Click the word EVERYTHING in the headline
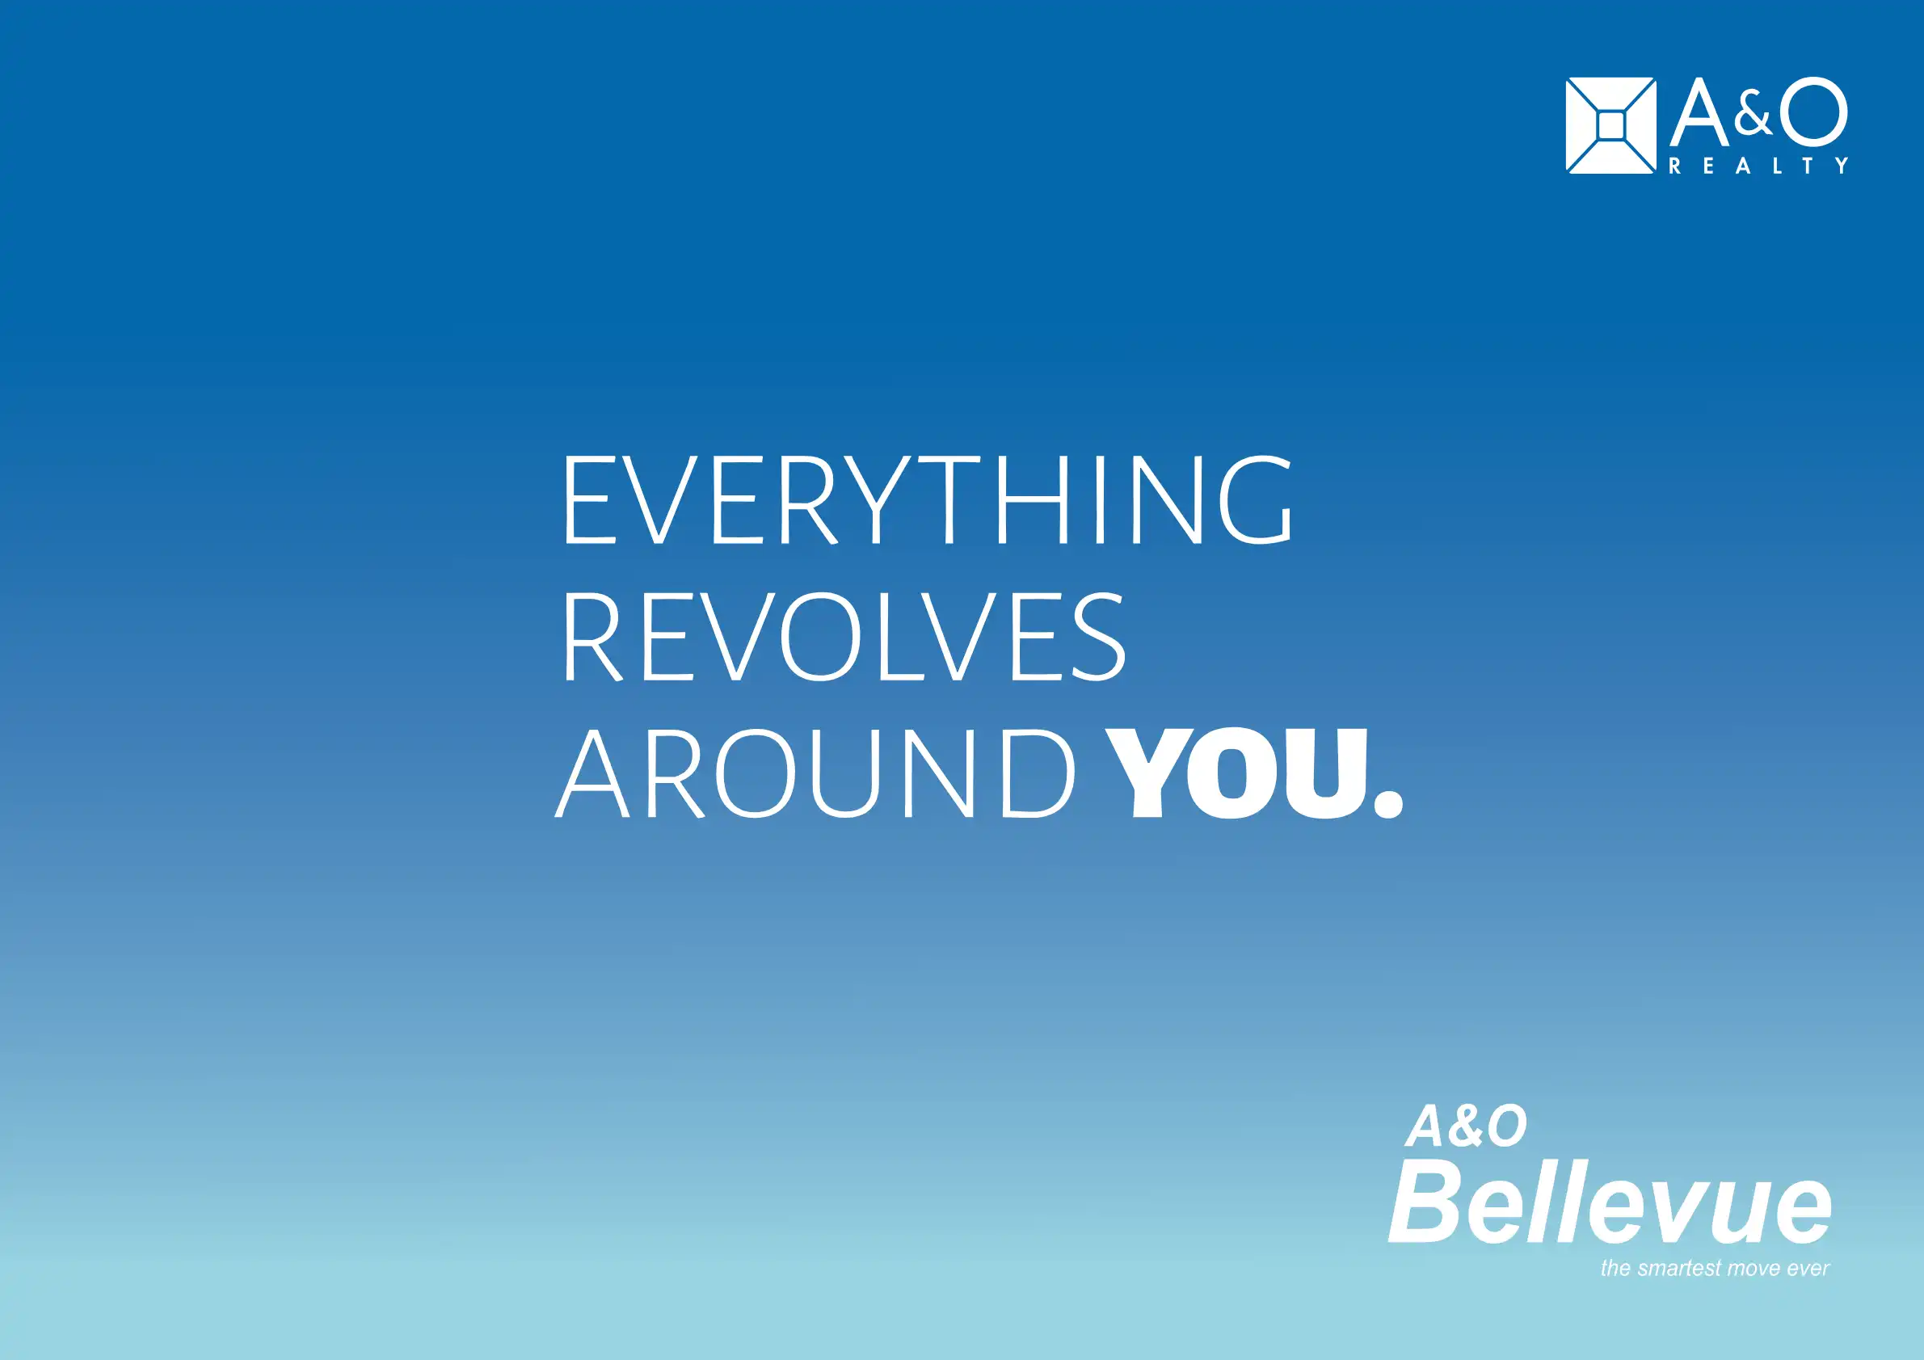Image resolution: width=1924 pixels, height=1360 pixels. [x=928, y=499]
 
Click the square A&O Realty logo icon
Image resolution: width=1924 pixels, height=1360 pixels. [x=1610, y=126]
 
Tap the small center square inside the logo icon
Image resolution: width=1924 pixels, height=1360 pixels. [x=1610, y=127]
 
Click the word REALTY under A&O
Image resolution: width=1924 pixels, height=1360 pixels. [x=1759, y=166]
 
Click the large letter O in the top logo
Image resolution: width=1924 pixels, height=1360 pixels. [x=1813, y=112]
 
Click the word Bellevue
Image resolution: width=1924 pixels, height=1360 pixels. [x=1610, y=1202]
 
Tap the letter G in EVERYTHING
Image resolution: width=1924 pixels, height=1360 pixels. [x=1256, y=499]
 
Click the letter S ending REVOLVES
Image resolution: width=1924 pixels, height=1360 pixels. [x=1097, y=636]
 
